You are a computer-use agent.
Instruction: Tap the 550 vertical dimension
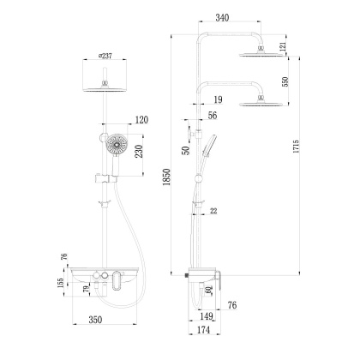point(285,81)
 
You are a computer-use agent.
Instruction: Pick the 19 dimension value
point(219,99)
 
